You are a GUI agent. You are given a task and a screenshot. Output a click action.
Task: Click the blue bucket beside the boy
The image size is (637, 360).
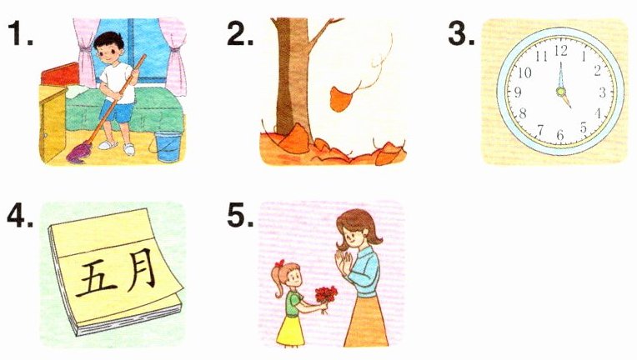tap(168, 146)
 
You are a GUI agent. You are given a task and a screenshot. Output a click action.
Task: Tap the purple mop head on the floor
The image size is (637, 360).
tap(78, 154)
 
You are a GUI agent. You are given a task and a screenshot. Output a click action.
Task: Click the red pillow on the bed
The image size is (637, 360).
tap(60, 75)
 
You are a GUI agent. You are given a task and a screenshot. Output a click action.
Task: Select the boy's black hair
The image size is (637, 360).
tap(109, 41)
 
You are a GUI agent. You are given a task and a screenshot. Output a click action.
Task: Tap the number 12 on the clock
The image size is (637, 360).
tap(560, 51)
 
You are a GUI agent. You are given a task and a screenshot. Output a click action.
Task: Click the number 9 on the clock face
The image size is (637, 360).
tap(517, 92)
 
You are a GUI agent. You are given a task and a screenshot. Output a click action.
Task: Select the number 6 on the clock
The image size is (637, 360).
tap(560, 134)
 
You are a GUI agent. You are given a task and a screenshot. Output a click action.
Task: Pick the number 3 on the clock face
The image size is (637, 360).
tap(603, 92)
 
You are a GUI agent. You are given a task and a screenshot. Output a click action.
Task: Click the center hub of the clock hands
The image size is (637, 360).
tap(561, 92)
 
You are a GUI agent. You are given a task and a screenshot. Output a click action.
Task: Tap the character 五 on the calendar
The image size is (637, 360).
tap(96, 278)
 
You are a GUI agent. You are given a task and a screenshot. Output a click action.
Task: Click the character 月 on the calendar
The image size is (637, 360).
tap(141, 269)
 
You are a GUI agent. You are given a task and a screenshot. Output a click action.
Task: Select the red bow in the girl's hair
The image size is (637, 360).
tap(279, 263)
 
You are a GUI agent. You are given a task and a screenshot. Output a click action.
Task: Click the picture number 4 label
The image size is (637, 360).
tap(20, 217)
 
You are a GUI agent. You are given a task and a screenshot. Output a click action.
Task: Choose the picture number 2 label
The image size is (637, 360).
tap(240, 34)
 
